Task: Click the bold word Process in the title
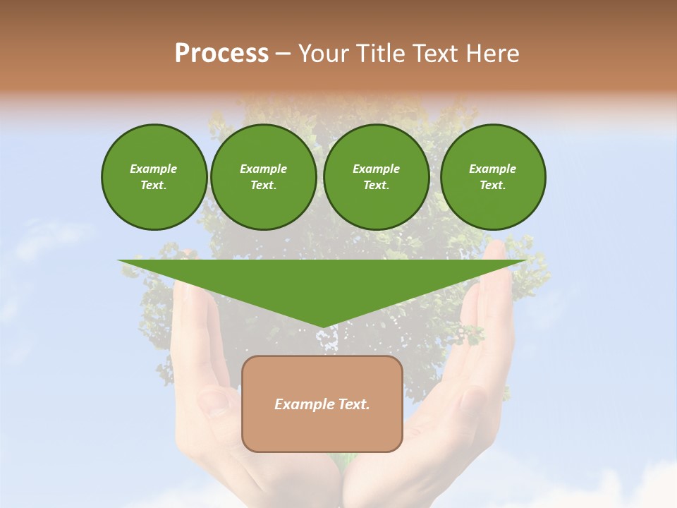(x=221, y=54)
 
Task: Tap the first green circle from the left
(x=154, y=177)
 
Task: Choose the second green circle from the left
(x=263, y=177)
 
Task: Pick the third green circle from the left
(x=376, y=177)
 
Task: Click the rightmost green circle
(x=492, y=177)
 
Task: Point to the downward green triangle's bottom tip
(x=323, y=327)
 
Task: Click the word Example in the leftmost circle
(x=154, y=169)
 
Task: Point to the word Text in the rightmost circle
(x=492, y=186)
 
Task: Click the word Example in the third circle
(x=376, y=169)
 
